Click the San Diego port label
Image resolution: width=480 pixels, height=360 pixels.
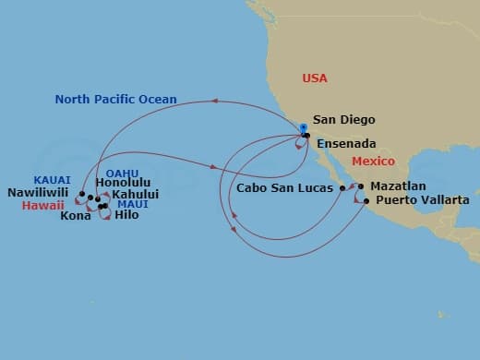pyautogui.click(x=346, y=119)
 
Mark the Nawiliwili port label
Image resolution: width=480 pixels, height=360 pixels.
pyautogui.click(x=39, y=195)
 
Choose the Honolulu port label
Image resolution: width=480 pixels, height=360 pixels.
pyautogui.click(x=122, y=183)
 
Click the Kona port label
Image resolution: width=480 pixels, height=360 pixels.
pyautogui.click(x=76, y=217)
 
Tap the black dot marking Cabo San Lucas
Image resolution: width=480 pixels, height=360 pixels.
pyautogui.click(x=342, y=188)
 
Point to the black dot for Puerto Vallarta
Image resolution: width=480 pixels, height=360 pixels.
pyautogui.click(x=367, y=200)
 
